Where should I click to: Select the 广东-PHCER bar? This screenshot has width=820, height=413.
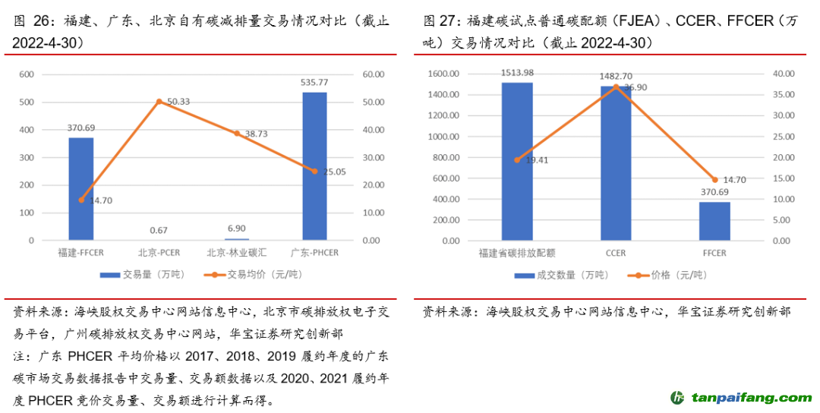(314, 166)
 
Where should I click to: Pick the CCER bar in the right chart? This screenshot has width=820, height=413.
(616, 163)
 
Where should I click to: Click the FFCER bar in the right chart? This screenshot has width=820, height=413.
(714, 221)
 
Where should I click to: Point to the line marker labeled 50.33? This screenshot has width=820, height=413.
(159, 101)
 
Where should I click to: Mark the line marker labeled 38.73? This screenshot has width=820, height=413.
(237, 133)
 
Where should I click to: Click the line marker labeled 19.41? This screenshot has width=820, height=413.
(517, 160)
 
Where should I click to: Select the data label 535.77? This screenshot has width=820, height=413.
(314, 82)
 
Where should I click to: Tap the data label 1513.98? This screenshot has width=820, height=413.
(517, 73)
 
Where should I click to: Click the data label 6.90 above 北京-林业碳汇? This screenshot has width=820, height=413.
(237, 229)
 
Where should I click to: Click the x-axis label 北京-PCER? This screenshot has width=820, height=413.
(159, 252)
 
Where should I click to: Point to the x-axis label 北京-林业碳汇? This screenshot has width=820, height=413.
(237, 252)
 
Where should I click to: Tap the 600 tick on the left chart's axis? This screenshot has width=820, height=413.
(27, 74)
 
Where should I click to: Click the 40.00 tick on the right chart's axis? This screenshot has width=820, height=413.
(784, 74)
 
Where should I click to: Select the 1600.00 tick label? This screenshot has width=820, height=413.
(445, 74)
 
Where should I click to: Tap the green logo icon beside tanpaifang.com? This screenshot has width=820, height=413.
(677, 397)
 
